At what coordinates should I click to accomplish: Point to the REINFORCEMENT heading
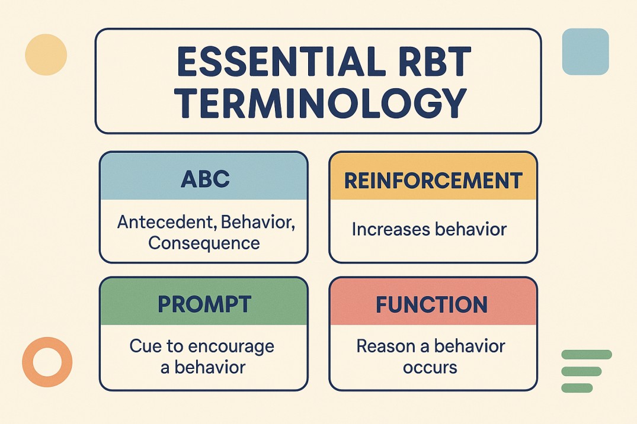(x=433, y=181)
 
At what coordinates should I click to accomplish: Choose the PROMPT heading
(x=203, y=304)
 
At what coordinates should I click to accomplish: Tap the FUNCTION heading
(x=432, y=304)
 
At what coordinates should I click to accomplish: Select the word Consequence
(x=204, y=243)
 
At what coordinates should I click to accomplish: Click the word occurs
(x=430, y=367)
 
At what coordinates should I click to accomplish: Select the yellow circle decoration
(x=46, y=54)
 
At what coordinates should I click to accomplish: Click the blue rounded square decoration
(x=585, y=52)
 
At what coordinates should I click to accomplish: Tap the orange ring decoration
(x=47, y=362)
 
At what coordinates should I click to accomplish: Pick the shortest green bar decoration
(x=576, y=388)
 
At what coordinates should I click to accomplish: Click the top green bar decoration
(x=585, y=354)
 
